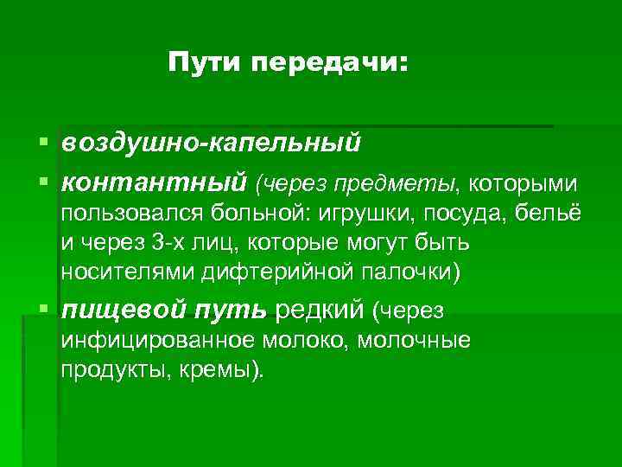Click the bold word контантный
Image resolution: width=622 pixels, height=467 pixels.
pos(155,182)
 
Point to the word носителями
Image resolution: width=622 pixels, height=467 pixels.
pos(127,272)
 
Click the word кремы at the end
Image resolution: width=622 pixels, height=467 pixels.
pos(221,370)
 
